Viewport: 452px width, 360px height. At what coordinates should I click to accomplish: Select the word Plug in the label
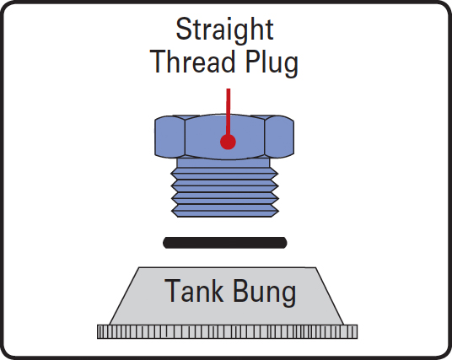point(272,63)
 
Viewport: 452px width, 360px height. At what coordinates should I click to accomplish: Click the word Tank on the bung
point(194,291)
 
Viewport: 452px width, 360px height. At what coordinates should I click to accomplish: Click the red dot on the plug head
point(228,142)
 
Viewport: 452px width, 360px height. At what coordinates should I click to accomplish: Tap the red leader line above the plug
point(229,111)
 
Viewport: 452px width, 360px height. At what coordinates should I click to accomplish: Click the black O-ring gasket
point(225,243)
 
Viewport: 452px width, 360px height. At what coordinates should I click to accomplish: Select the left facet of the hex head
point(169,137)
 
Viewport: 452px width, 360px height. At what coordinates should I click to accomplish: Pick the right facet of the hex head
point(279,137)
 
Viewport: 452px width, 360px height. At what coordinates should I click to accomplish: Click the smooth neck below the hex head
point(223,163)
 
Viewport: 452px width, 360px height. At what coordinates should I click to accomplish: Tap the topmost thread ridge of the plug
point(224,174)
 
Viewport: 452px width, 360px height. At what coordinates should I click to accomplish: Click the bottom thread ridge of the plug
point(225,211)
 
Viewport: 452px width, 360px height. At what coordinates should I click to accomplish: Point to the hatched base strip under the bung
point(227,331)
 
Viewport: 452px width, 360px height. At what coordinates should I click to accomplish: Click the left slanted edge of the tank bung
point(124,296)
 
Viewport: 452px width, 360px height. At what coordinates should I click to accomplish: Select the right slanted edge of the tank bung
point(330,296)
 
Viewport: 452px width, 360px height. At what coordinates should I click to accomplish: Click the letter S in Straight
point(183,29)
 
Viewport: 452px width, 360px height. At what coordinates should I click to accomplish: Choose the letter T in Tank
point(173,291)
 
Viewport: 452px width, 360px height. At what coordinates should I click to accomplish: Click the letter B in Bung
point(240,291)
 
